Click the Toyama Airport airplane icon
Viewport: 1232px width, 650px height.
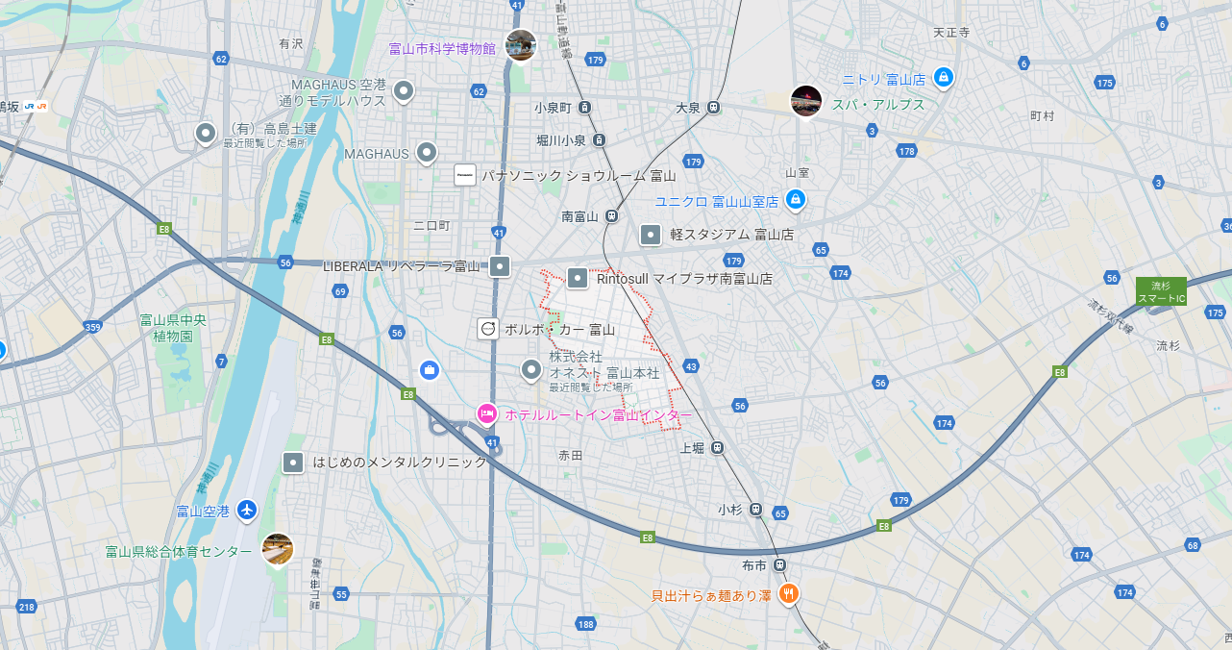pyautogui.click(x=247, y=510)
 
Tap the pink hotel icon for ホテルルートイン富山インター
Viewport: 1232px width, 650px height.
pyautogui.click(x=487, y=414)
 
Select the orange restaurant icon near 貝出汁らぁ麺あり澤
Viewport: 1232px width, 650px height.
pyautogui.click(x=788, y=593)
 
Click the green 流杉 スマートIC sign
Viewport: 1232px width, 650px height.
pyautogui.click(x=1161, y=291)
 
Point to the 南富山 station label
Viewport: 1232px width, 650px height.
pyautogui.click(x=579, y=216)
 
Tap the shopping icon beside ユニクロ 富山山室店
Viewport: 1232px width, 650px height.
pyautogui.click(x=795, y=200)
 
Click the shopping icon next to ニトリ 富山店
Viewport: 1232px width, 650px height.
pyautogui.click(x=943, y=77)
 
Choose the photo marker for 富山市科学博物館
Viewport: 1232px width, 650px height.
pyautogui.click(x=520, y=45)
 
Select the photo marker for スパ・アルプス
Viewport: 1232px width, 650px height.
pyautogui.click(x=805, y=100)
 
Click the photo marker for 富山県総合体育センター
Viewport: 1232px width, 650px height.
pyautogui.click(x=277, y=549)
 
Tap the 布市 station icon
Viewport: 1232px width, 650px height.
pyautogui.click(x=779, y=565)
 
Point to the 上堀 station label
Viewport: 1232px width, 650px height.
pyautogui.click(x=692, y=448)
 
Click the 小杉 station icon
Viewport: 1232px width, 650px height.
pyautogui.click(x=756, y=509)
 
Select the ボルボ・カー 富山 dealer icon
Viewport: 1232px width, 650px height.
pyautogui.click(x=488, y=329)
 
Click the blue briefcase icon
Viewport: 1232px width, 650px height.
pyautogui.click(x=430, y=369)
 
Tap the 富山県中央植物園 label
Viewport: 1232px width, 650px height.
pyautogui.click(x=173, y=328)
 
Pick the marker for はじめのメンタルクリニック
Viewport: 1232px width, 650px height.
pyautogui.click(x=293, y=462)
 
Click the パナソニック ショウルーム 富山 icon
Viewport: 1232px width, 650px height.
pyautogui.click(x=465, y=175)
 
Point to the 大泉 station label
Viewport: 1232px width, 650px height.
pyautogui.click(x=688, y=108)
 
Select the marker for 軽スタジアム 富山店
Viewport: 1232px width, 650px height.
pyautogui.click(x=651, y=234)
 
